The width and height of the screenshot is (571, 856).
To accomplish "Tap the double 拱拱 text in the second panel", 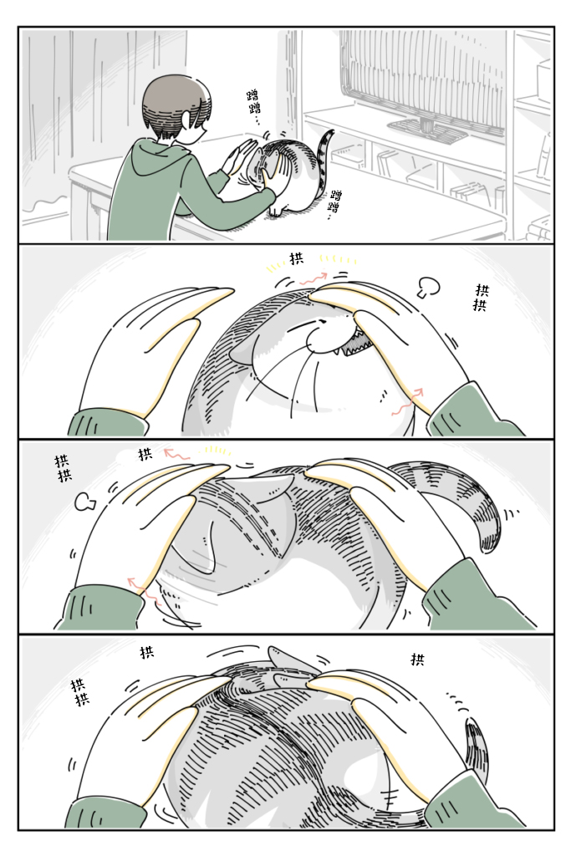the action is (481, 297).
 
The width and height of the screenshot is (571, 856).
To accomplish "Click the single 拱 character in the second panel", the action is (297, 258).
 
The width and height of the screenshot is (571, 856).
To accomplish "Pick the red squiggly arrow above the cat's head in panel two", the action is (313, 278).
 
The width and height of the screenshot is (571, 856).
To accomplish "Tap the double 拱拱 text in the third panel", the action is (64, 468).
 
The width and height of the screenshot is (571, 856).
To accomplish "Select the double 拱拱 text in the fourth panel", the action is (79, 692).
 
